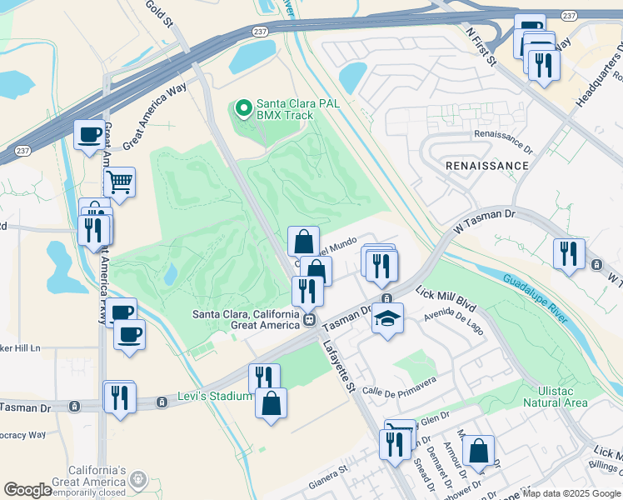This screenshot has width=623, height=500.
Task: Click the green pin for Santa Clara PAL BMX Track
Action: [244, 107]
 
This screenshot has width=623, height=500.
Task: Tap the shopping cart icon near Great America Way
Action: [120, 181]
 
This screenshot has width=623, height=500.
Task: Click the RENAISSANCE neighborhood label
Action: [487, 166]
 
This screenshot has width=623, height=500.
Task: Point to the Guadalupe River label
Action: [536, 295]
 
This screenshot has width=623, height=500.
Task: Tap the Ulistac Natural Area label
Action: [556, 397]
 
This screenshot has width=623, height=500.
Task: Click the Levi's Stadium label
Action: [214, 397]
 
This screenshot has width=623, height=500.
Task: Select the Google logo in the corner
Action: [27, 489]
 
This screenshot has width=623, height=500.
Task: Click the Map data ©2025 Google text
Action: [571, 493]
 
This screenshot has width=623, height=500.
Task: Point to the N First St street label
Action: [481, 46]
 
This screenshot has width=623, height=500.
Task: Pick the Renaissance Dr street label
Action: [502, 133]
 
